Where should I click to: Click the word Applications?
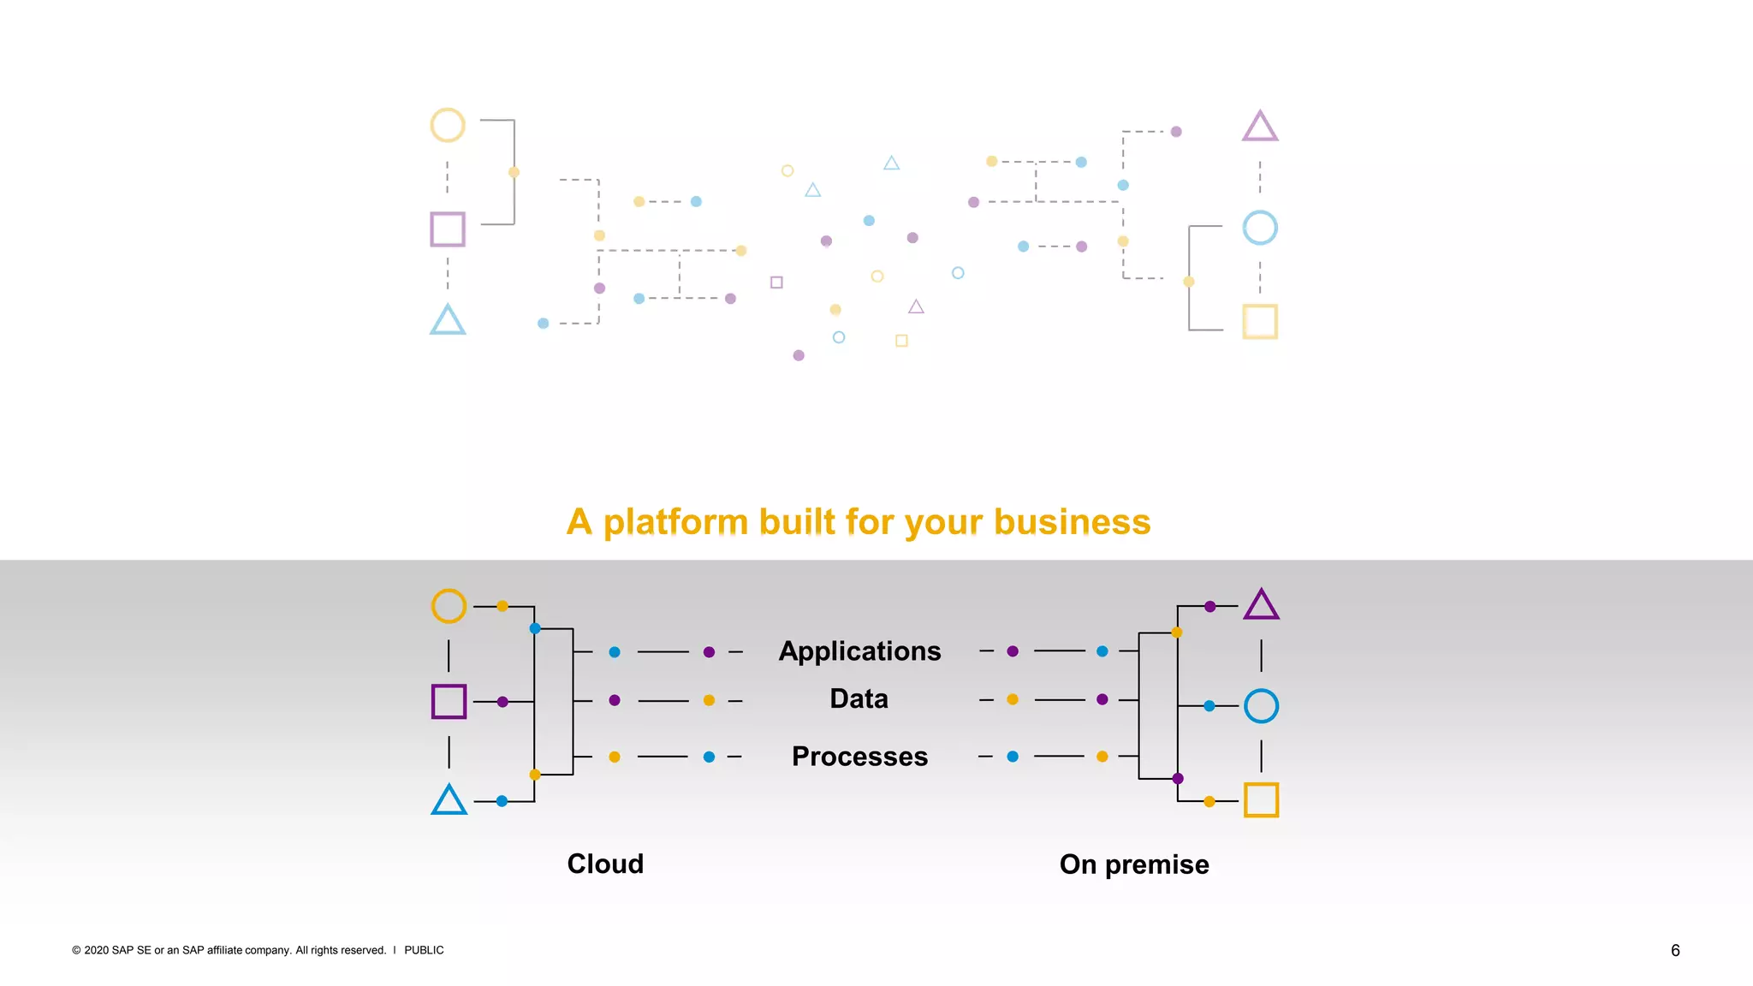[859, 651]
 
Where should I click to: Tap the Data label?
[859, 699]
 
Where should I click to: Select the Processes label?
[859, 757]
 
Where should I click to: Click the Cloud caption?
[605, 864]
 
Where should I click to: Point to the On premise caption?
[1134, 864]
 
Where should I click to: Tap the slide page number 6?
[1675, 950]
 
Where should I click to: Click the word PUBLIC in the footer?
[424, 950]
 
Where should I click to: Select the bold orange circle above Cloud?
[449, 606]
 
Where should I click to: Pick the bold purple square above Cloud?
[449, 702]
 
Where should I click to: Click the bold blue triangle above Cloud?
[449, 801]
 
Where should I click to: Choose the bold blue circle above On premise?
[1261, 706]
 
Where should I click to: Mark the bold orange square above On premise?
[1261, 800]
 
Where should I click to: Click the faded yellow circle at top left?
[448, 125]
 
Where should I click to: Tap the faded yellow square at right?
[1260, 322]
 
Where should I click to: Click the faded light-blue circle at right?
[1260, 228]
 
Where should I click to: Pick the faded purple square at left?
[448, 229]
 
